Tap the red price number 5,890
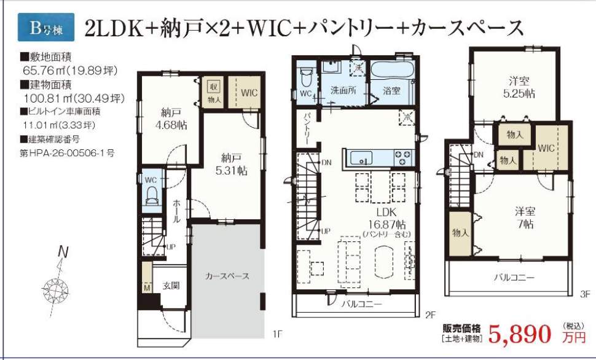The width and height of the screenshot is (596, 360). pos(520,335)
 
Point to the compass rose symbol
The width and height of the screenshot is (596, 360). pos(60,287)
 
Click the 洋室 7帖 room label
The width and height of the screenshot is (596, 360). pos(524,217)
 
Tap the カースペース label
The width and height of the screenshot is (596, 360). pos(227,276)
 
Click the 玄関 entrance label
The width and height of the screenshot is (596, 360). pos(170,286)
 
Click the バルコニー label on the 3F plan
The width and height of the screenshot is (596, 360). pos(514,277)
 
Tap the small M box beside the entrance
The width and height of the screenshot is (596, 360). pos(146,288)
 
